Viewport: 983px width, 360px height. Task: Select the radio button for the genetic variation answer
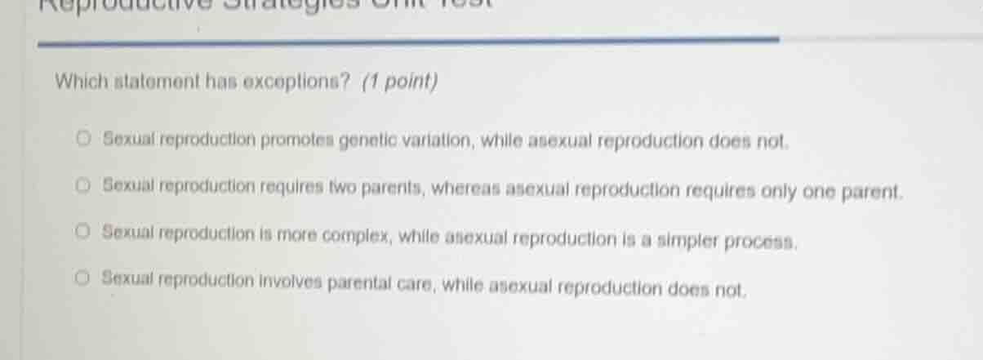pyautogui.click(x=83, y=140)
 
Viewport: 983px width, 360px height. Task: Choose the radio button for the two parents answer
pyautogui.click(x=83, y=186)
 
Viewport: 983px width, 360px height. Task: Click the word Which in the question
pyautogui.click(x=77, y=82)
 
